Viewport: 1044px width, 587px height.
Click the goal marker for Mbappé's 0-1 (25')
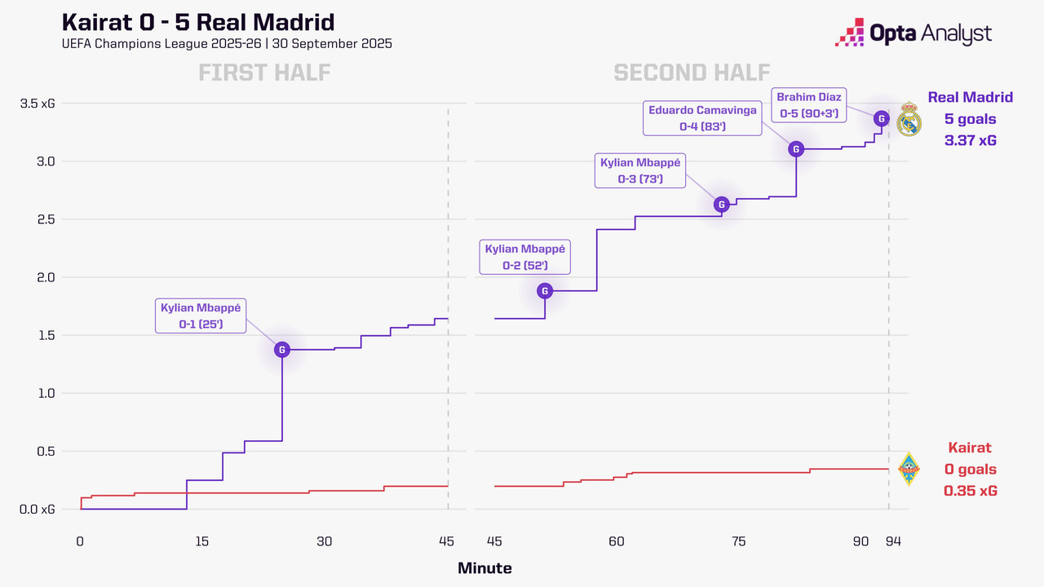[282, 350]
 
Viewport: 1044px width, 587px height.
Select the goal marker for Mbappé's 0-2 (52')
[545, 291]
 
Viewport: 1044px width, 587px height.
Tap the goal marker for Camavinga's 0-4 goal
[796, 148]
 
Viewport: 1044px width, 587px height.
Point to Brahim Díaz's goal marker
[881, 118]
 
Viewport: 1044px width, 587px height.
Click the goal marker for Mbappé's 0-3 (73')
[721, 205]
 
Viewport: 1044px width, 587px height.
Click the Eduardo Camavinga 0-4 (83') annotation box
[702, 118]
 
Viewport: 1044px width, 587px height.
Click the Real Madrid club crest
[909, 122]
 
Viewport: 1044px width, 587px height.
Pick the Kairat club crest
[909, 470]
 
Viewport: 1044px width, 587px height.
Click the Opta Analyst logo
[913, 33]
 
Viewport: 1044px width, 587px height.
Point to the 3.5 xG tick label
[38, 104]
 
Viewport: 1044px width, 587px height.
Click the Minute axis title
[484, 568]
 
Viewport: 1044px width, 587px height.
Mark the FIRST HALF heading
[264, 73]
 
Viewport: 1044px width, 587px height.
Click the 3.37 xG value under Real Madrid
[970, 141]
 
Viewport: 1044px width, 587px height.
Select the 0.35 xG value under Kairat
[970, 491]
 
